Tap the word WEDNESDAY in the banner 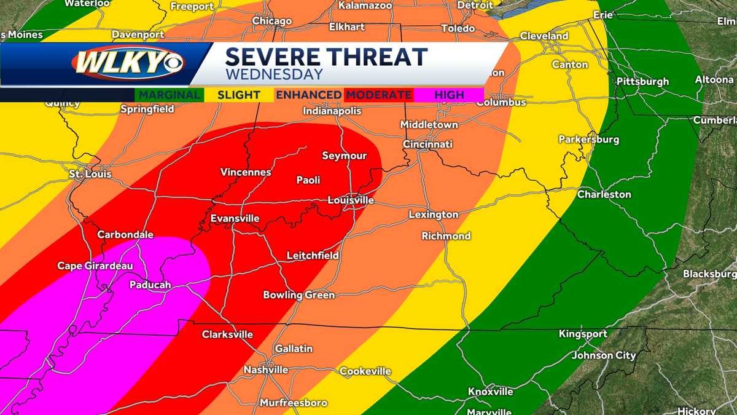(x=274, y=74)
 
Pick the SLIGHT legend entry (x=238, y=95)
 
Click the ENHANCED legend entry (x=309, y=95)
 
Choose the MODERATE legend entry (x=378, y=95)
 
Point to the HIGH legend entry (x=449, y=95)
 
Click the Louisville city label (x=351, y=200)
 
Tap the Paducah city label (x=150, y=285)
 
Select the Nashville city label (x=266, y=370)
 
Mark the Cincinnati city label (x=427, y=144)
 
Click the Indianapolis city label (x=332, y=111)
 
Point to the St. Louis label (x=90, y=175)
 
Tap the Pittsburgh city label (x=643, y=81)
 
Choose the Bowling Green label (x=299, y=295)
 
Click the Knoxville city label (x=490, y=392)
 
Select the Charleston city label (x=604, y=194)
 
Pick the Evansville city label (x=235, y=218)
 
